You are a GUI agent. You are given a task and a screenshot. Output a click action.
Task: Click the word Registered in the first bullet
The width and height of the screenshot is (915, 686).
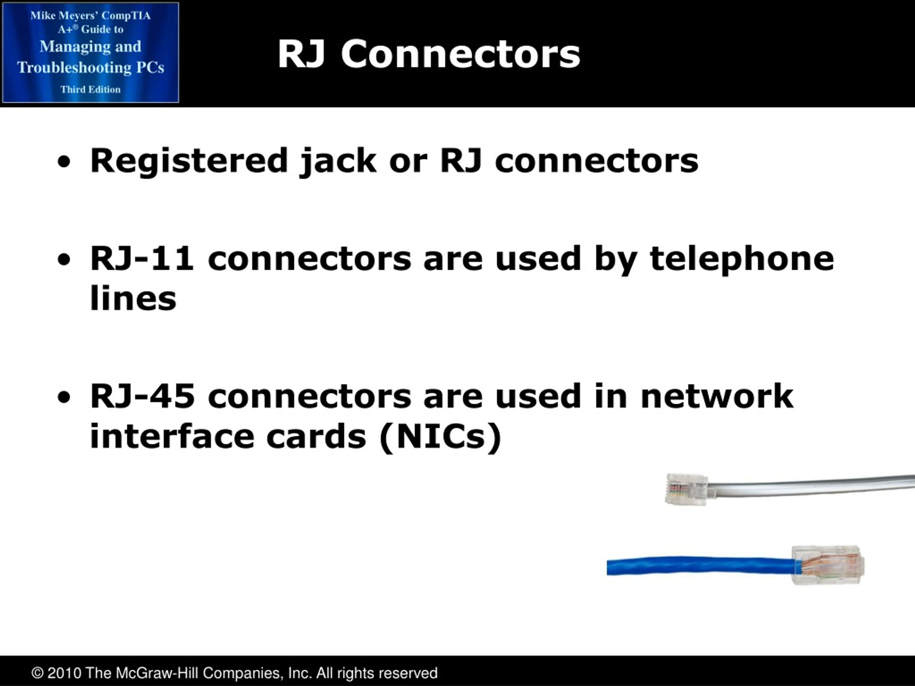pos(189,161)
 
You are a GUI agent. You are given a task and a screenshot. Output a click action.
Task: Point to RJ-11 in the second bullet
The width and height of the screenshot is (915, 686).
pos(142,258)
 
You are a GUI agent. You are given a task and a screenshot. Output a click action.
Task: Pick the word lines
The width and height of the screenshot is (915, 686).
pos(133,298)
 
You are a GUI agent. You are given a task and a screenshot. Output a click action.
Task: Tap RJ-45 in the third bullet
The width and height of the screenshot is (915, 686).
pos(142,396)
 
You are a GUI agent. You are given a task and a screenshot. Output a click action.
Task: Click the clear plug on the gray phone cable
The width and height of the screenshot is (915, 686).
pos(686,489)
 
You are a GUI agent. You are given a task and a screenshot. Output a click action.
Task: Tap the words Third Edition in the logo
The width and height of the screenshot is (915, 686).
pos(90,89)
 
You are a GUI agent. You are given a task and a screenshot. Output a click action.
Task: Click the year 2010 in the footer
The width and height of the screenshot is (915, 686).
pos(64,673)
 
